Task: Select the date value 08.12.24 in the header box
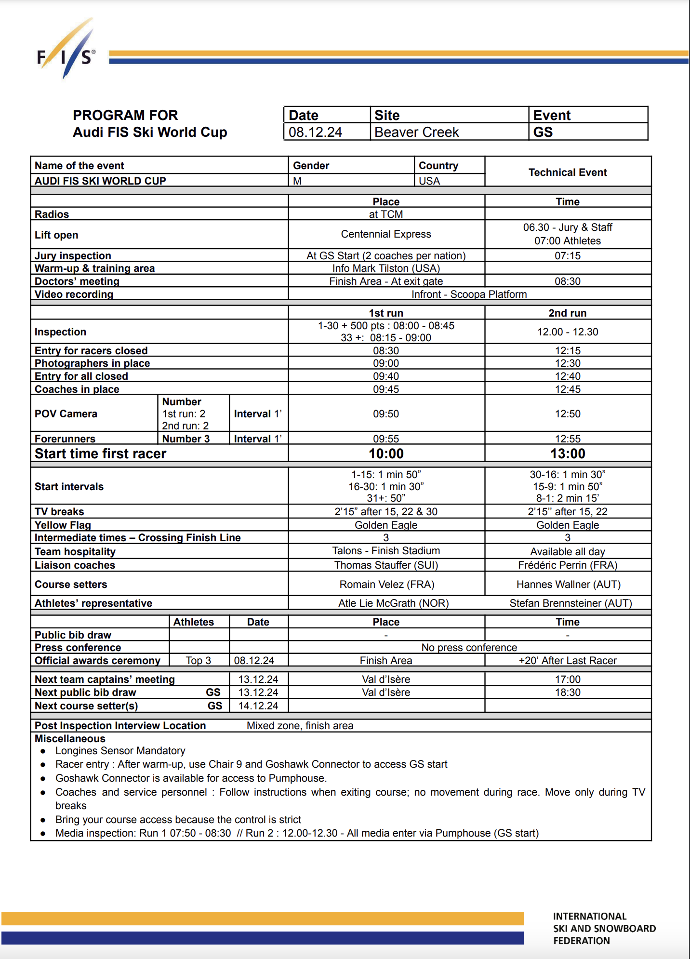click(x=315, y=132)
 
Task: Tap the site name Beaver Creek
click(x=416, y=132)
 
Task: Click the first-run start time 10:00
click(x=386, y=453)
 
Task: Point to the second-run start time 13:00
click(x=568, y=453)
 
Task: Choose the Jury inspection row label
click(x=73, y=255)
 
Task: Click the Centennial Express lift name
click(x=386, y=234)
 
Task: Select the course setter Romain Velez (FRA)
click(x=386, y=585)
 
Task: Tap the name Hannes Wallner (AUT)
click(x=568, y=585)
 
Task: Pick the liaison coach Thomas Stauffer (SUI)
click(x=386, y=565)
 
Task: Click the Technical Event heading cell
click(x=568, y=172)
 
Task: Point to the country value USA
click(x=429, y=181)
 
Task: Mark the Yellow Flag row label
click(x=63, y=525)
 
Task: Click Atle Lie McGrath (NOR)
click(x=393, y=603)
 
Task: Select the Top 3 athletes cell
click(x=199, y=660)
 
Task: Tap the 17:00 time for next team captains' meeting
click(x=568, y=679)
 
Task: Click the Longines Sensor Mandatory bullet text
click(x=120, y=751)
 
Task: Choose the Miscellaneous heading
click(x=70, y=739)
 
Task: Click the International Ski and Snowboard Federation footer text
click(x=604, y=928)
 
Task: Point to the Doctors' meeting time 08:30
click(x=568, y=281)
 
